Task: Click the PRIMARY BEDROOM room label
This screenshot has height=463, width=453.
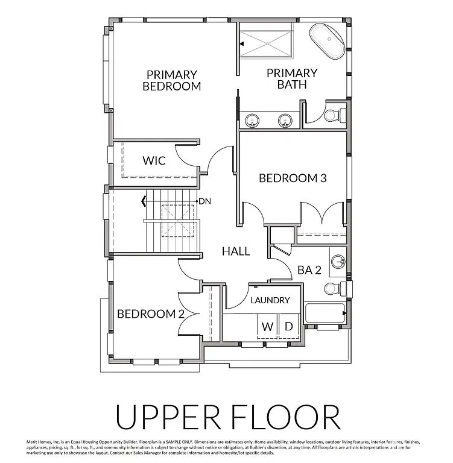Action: (x=171, y=80)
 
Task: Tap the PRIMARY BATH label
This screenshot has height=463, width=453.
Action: (x=292, y=79)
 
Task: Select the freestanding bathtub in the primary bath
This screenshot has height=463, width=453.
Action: (x=328, y=42)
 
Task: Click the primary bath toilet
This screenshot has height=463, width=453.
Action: (x=333, y=114)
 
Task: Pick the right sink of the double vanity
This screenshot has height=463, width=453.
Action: (x=285, y=121)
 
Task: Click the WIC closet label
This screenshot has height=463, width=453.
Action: (x=154, y=161)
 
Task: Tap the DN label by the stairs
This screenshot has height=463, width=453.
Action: (x=204, y=201)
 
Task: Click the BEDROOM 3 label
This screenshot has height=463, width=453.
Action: (x=293, y=178)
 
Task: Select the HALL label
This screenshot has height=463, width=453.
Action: (x=235, y=251)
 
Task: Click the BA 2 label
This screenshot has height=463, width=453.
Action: (x=309, y=270)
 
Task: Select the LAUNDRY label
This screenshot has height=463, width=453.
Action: (x=270, y=300)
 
